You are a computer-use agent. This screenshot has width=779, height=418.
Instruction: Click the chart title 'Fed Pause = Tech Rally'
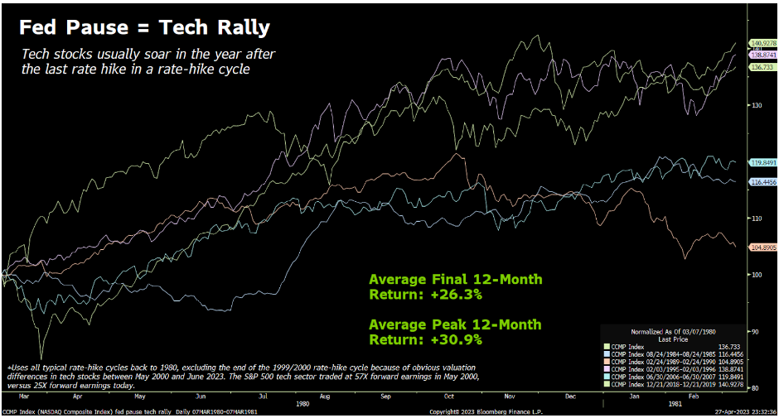(x=144, y=27)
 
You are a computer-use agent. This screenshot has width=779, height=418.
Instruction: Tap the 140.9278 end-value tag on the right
(x=762, y=43)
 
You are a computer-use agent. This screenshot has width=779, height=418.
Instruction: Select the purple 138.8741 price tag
(x=762, y=55)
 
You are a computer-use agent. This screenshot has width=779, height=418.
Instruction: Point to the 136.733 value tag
(x=762, y=67)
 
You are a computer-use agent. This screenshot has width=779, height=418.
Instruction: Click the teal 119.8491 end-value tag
(x=762, y=163)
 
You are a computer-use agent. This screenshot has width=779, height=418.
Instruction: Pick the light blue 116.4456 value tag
(x=762, y=181)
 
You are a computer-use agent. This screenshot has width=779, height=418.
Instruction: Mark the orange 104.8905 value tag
(x=762, y=247)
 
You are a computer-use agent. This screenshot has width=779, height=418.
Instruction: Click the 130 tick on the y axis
(x=756, y=105)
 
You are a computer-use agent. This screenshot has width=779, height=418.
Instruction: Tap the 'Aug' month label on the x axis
(x=325, y=397)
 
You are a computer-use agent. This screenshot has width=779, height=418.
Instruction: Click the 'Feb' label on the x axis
(x=694, y=397)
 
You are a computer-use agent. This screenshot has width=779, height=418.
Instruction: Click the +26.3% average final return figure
(x=454, y=293)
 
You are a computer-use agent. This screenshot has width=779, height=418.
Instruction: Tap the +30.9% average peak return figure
(x=454, y=338)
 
